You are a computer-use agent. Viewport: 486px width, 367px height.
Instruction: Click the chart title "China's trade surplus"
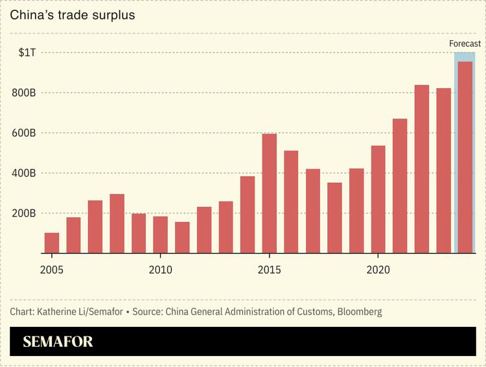73,15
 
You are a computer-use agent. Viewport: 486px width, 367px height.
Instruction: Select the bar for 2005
52,243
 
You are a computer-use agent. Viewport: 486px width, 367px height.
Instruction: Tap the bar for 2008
117,224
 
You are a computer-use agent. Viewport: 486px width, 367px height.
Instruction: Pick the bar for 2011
183,237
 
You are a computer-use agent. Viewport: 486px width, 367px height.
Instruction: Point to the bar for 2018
334,218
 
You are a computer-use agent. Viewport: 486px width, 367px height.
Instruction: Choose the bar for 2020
378,199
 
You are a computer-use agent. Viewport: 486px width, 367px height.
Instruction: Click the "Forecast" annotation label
465,44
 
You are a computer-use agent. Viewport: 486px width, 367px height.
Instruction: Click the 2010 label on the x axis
161,268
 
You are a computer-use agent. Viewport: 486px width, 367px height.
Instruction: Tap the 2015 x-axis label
270,268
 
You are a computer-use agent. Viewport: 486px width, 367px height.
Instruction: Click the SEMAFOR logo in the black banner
58,342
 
